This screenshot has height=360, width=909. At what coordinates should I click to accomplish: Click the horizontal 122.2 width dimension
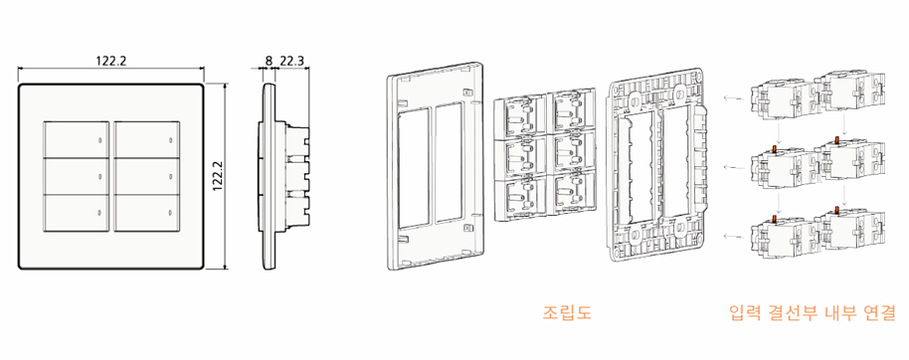point(111,61)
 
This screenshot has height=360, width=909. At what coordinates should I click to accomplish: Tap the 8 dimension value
point(267,61)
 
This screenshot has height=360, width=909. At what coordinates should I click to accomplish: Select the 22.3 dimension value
point(292,61)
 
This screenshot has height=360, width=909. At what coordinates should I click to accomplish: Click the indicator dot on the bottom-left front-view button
point(99,214)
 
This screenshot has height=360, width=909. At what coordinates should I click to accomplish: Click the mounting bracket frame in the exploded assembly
point(657,164)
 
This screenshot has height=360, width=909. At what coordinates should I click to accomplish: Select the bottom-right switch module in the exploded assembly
point(569,194)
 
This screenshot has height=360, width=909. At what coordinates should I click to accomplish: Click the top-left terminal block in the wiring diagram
point(779,96)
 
